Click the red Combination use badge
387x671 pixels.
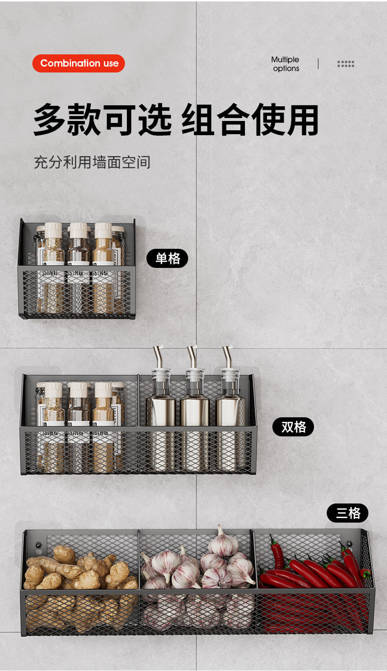click(x=78, y=63)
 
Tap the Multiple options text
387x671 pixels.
click(x=285, y=64)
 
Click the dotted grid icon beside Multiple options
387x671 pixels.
click(x=345, y=64)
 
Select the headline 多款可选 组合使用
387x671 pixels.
click(x=176, y=120)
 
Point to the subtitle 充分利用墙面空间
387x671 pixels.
click(x=92, y=162)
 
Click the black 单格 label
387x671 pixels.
click(x=168, y=258)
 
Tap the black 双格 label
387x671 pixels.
click(x=293, y=427)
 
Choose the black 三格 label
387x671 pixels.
click(x=347, y=513)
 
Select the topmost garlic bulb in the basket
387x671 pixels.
click(x=223, y=543)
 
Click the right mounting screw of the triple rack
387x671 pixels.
click(x=349, y=544)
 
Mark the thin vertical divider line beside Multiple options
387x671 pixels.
click(x=318, y=64)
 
